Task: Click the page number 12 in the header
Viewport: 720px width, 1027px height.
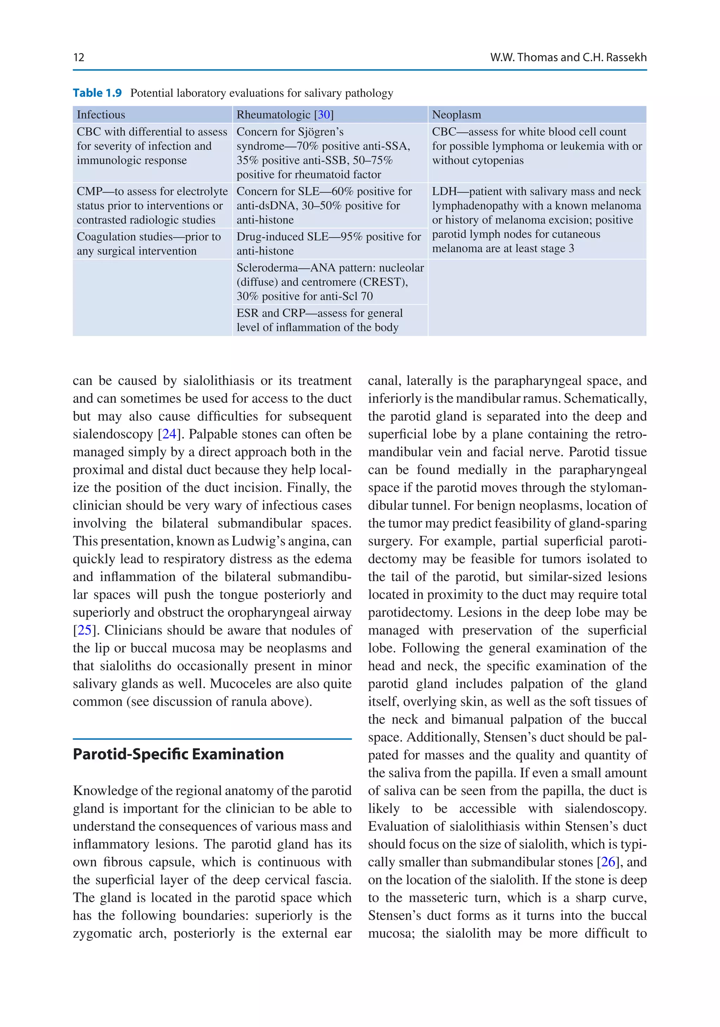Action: pos(79,57)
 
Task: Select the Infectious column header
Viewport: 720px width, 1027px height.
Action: pos(101,115)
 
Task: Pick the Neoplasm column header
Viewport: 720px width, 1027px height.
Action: pos(456,115)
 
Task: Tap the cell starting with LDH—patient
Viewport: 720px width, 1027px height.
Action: pos(536,220)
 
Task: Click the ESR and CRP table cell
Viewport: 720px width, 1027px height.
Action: pos(320,320)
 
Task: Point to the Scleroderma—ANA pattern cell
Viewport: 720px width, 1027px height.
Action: pos(329,282)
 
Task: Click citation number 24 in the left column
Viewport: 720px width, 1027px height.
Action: pos(169,434)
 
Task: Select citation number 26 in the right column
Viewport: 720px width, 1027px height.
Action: pos(608,861)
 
